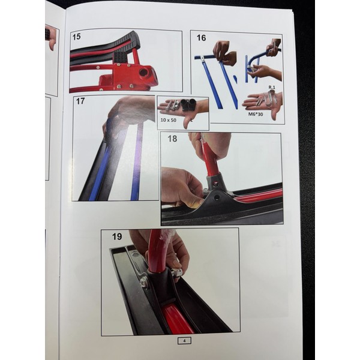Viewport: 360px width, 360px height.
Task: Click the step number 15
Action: pyautogui.click(x=76, y=37)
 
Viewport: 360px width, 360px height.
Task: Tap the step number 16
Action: pyautogui.click(x=201, y=38)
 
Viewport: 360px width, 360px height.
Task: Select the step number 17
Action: pyautogui.click(x=80, y=101)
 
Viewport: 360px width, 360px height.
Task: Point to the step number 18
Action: pyautogui.click(x=172, y=139)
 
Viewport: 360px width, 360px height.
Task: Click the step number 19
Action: pyautogui.click(x=117, y=236)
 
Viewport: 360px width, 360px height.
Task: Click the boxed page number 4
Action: pyautogui.click(x=184, y=341)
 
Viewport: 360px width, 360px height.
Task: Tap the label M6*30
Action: pyautogui.click(x=256, y=114)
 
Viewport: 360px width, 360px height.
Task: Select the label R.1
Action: pyautogui.click(x=272, y=88)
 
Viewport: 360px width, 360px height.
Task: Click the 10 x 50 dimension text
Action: pyautogui.click(x=168, y=120)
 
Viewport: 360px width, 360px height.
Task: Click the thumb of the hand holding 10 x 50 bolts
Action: pyautogui.click(x=188, y=121)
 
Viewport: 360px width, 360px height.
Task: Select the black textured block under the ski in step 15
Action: pyautogui.click(x=120, y=57)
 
